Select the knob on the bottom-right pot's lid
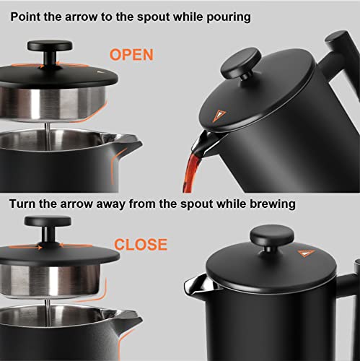coord(271,236)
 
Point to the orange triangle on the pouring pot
coord(220,114)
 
